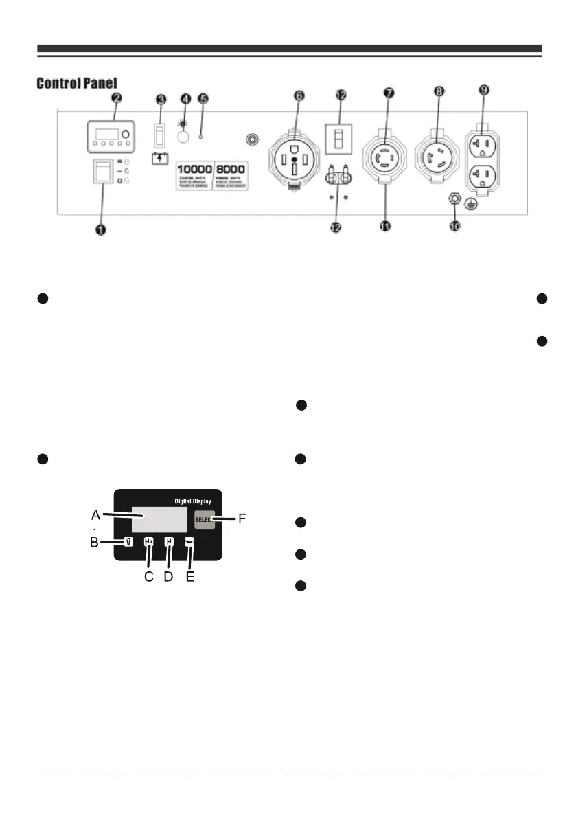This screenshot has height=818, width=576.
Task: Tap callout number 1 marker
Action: coord(101,230)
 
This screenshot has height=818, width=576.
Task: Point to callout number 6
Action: coord(299,97)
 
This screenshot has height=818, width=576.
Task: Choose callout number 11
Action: coord(385,227)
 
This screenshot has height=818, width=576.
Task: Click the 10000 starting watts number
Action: coord(194,169)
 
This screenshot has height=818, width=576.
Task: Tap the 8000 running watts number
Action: coord(231,169)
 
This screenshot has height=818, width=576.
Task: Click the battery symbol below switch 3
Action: coord(161,157)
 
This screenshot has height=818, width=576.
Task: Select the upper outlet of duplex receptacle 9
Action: coord(483,148)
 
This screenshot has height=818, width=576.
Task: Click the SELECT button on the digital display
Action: coord(205,521)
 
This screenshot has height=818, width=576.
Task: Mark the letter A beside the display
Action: coord(97,513)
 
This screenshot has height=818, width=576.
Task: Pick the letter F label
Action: coord(242,521)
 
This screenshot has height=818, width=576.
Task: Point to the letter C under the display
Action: coord(148,577)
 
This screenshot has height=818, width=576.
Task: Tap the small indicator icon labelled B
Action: coord(128,541)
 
